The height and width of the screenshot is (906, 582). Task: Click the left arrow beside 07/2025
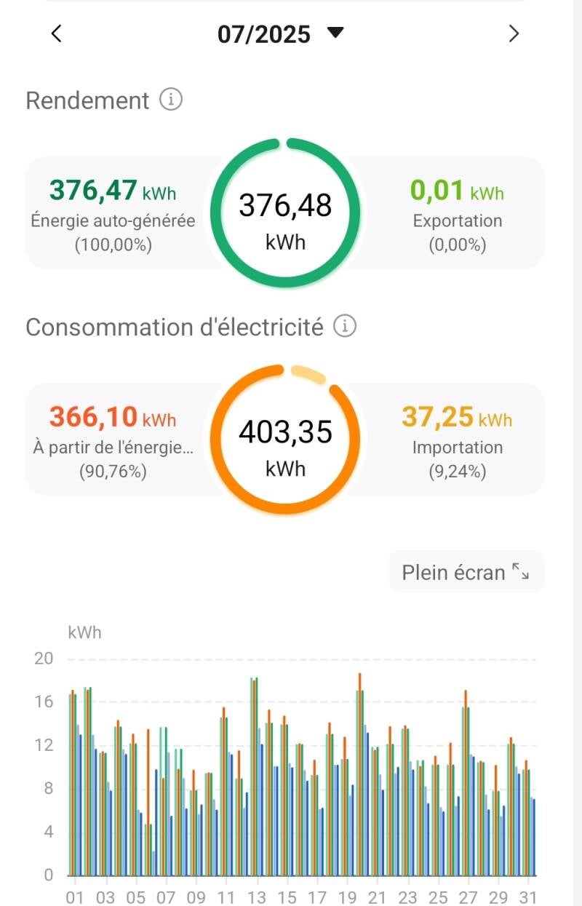pos(57,33)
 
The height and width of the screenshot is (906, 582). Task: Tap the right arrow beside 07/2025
pos(514,33)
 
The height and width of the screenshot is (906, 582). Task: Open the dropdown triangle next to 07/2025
pos(335,33)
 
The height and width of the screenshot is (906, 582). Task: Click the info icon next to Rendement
pos(170,100)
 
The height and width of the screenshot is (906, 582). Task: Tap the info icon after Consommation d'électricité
pos(345,327)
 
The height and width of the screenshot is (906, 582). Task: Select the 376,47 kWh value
pos(112,191)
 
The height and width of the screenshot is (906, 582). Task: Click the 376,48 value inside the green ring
pos(285,206)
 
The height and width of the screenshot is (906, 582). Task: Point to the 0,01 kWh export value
pos(457,191)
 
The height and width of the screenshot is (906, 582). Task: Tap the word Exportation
pos(457,220)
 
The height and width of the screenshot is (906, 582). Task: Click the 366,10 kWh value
pos(112,418)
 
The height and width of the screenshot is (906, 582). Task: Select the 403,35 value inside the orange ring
pos(285,432)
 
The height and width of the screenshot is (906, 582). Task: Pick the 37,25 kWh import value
pos(457,418)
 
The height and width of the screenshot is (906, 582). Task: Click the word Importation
pos(457,448)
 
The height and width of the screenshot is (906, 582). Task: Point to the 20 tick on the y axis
pos(44,659)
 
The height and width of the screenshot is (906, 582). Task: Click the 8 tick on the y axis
pos(49,789)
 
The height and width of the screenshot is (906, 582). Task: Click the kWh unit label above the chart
pos(84,632)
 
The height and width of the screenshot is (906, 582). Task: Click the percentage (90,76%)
pos(112,472)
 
